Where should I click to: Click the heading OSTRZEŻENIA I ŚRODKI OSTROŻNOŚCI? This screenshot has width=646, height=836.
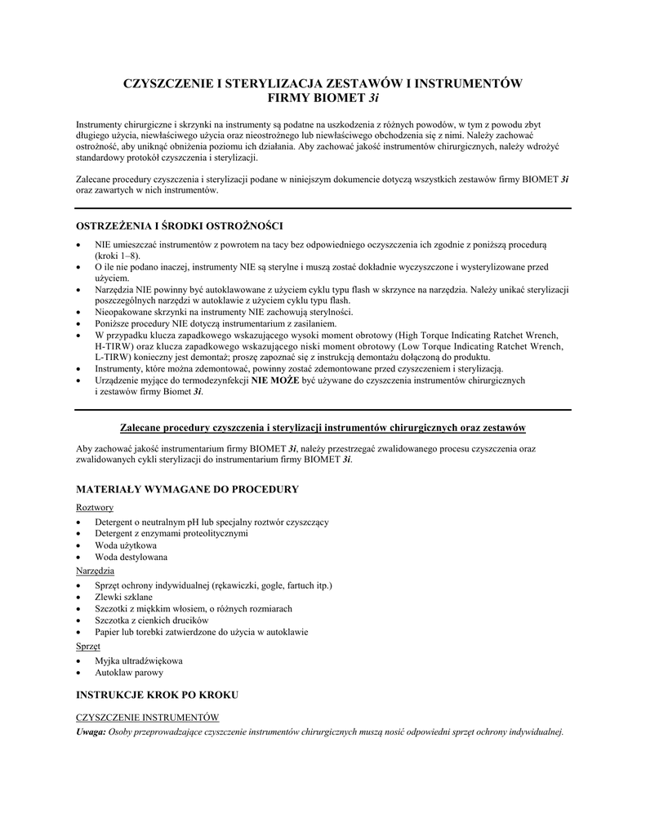[180, 225]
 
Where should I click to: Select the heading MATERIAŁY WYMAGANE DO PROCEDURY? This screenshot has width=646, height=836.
[187, 489]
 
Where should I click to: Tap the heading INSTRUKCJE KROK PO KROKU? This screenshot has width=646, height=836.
[157, 695]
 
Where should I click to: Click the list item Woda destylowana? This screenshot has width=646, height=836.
[131, 558]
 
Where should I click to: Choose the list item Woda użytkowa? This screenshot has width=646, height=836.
[126, 545]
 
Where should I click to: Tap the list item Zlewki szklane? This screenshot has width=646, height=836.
[123, 597]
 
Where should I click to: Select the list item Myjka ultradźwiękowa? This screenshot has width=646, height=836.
[139, 660]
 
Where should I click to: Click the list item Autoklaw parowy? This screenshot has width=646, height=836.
[129, 673]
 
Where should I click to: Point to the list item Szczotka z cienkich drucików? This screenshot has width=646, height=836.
[146, 620]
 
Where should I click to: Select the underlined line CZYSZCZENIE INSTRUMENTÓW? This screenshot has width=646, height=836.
[148, 717]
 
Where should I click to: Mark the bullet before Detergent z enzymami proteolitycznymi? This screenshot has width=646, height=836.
[78, 534]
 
